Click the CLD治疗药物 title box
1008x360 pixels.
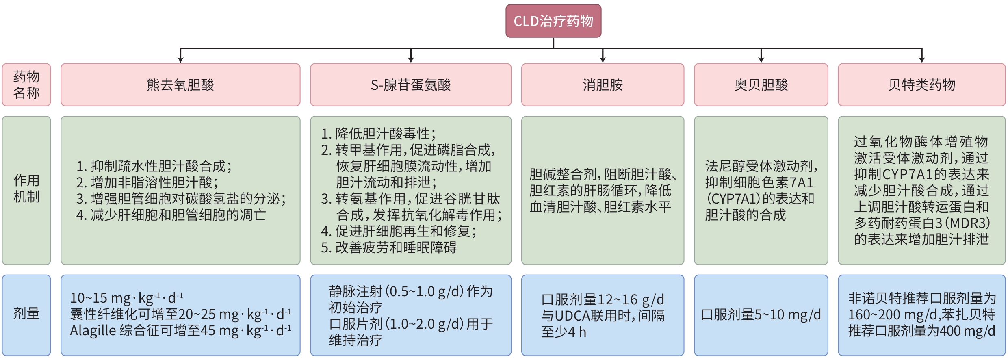coord(553,21)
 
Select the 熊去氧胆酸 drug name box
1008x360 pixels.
coord(180,85)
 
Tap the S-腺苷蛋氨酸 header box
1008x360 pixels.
coord(410,85)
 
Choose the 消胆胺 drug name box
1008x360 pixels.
coord(603,85)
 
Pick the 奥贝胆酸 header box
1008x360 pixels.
coord(761,85)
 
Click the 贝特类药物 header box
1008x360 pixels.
coord(921,85)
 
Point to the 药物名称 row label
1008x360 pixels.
coord(26,85)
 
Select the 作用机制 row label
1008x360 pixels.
coord(26,189)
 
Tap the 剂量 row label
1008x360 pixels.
coord(26,314)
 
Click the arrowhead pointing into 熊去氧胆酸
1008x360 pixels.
coord(180,60)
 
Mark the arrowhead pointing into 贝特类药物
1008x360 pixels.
coord(922,60)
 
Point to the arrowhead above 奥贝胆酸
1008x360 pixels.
coord(761,60)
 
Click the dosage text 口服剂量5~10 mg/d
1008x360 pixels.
coord(761,314)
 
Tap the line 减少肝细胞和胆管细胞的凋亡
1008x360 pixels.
coord(178,215)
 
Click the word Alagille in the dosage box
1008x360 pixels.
coord(93,331)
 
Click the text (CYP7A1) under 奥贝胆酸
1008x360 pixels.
coord(733,199)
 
